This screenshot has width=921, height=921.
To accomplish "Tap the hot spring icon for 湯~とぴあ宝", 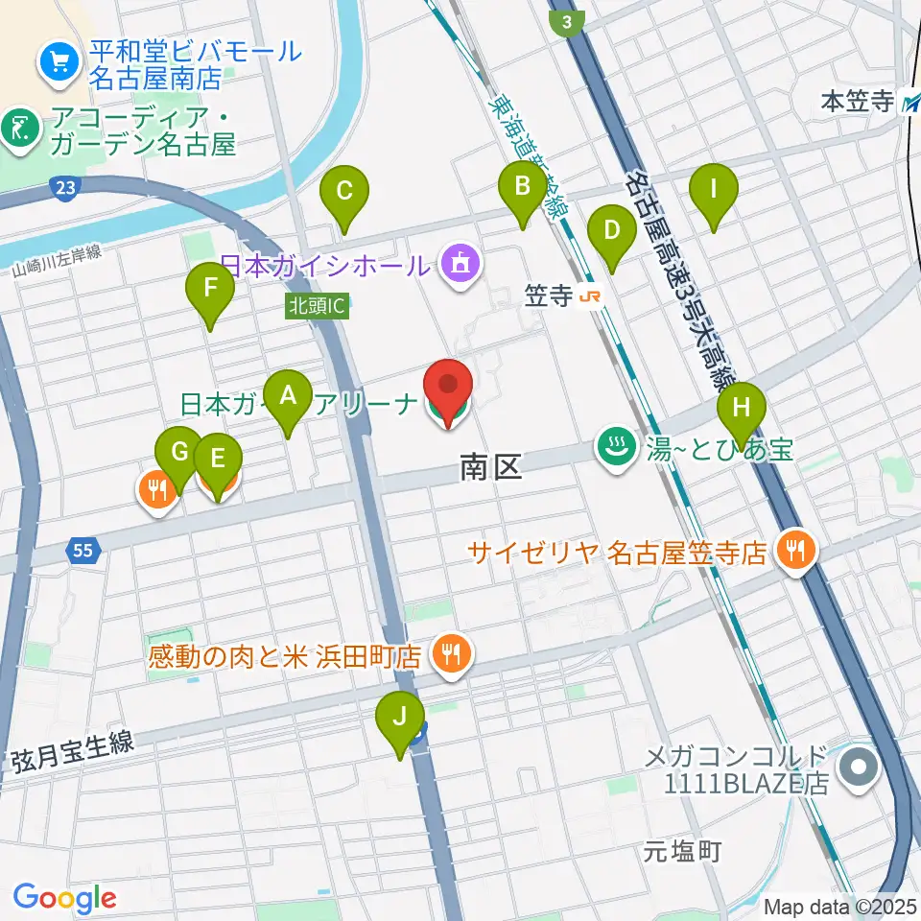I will tap(613, 445).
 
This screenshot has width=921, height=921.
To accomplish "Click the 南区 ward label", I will tap(490, 468).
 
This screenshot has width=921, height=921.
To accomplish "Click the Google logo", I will tap(64, 898).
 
